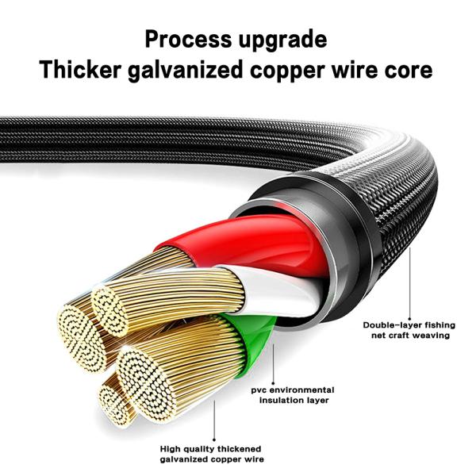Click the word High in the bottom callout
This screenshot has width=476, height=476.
(x=172, y=448)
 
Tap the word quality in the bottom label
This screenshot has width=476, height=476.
(x=202, y=448)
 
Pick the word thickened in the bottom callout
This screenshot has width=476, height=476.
(x=244, y=448)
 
